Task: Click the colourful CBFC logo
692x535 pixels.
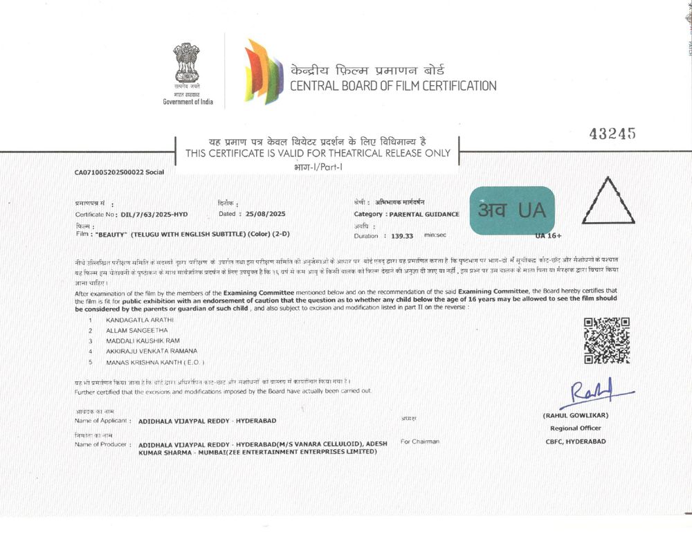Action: tap(264, 71)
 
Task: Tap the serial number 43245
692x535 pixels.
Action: tap(612, 134)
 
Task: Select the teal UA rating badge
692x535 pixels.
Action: tap(512, 210)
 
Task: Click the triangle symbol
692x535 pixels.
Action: tap(608, 201)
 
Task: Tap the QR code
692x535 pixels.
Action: tap(607, 341)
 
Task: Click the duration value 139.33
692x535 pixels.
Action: tap(402, 236)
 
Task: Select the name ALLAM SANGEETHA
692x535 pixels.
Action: tap(136, 331)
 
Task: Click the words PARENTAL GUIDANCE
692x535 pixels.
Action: tap(424, 215)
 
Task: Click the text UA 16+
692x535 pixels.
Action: tap(547, 236)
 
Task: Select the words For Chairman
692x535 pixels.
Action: tap(419, 442)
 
